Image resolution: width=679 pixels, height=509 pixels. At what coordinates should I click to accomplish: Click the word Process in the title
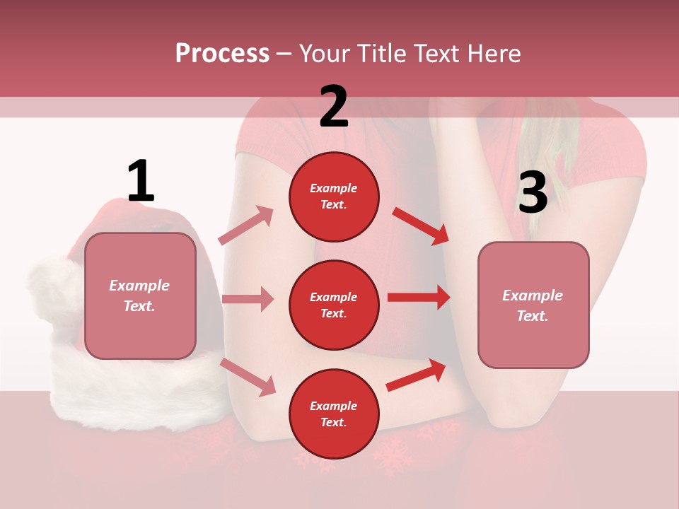coord(222,53)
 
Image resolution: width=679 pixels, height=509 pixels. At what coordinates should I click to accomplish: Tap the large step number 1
coord(140,182)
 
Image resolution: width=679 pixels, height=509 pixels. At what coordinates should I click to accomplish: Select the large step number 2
coord(334,107)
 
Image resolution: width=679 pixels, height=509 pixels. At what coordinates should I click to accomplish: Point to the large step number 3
coord(533,193)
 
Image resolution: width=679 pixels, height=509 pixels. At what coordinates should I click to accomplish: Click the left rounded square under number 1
coord(140,296)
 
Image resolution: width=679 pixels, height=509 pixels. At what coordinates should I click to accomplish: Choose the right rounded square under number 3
coord(533,305)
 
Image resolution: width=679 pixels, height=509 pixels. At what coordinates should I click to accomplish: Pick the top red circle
coord(334,197)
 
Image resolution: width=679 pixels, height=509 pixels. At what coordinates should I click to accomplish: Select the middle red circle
coord(334,305)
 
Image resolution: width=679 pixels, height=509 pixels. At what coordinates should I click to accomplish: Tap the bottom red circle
coord(334,414)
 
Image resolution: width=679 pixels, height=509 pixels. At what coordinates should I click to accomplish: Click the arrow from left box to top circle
coord(246,226)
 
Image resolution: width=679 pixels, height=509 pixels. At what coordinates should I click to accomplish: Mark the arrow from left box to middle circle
coord(248,299)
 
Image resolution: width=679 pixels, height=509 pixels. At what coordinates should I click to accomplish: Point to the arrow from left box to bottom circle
coord(248,377)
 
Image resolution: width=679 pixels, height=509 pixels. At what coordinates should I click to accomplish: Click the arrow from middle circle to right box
coord(419,297)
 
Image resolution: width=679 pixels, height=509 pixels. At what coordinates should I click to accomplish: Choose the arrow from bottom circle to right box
coord(417,375)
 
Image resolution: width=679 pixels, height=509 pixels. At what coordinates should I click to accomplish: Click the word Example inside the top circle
coord(334,188)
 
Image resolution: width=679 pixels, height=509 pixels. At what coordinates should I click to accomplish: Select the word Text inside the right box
coord(533,316)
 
